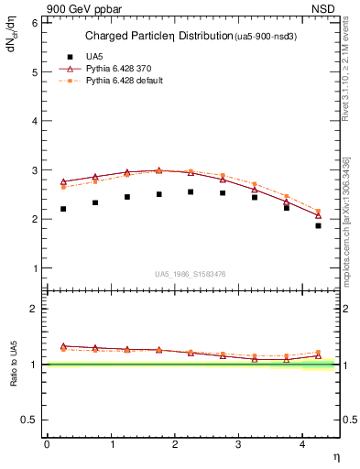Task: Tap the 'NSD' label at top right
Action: [x=323, y=9]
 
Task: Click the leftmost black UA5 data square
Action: [x=63, y=209]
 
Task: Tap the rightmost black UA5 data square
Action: [x=318, y=225]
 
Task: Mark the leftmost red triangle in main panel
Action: [x=63, y=181]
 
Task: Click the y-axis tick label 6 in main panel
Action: [x=34, y=22]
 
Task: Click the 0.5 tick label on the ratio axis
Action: [x=29, y=420]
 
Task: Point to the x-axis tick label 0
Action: [x=47, y=444]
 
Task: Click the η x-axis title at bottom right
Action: [x=334, y=455]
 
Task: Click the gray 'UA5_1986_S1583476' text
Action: [x=192, y=273]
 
